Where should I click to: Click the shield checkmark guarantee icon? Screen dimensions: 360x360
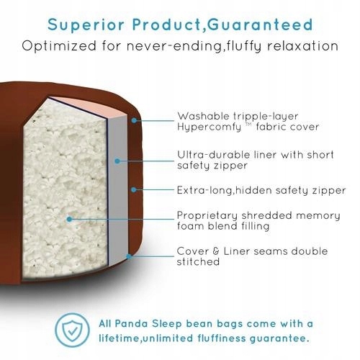point(72,330)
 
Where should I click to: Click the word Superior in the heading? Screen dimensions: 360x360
point(86,24)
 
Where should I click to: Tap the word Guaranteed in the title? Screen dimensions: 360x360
point(260,24)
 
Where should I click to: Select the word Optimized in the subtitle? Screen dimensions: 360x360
point(59,46)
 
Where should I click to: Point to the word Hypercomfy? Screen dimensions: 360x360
point(209,127)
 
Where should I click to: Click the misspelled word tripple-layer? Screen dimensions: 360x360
point(266,117)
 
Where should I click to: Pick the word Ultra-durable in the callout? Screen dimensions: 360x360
point(210,155)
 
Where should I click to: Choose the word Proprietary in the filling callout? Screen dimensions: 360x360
point(207,216)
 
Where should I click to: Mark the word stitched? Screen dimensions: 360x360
point(198,261)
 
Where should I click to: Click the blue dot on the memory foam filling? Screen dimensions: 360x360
point(69,219)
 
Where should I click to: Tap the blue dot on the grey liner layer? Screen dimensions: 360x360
point(117,161)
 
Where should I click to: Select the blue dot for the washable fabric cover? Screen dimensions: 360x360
point(135,120)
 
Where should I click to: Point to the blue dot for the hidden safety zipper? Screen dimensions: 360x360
point(134,190)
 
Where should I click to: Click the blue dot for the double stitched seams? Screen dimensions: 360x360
point(129,256)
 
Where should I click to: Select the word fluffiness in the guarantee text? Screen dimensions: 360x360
point(222,338)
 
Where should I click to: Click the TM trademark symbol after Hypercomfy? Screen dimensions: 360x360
point(248,124)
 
